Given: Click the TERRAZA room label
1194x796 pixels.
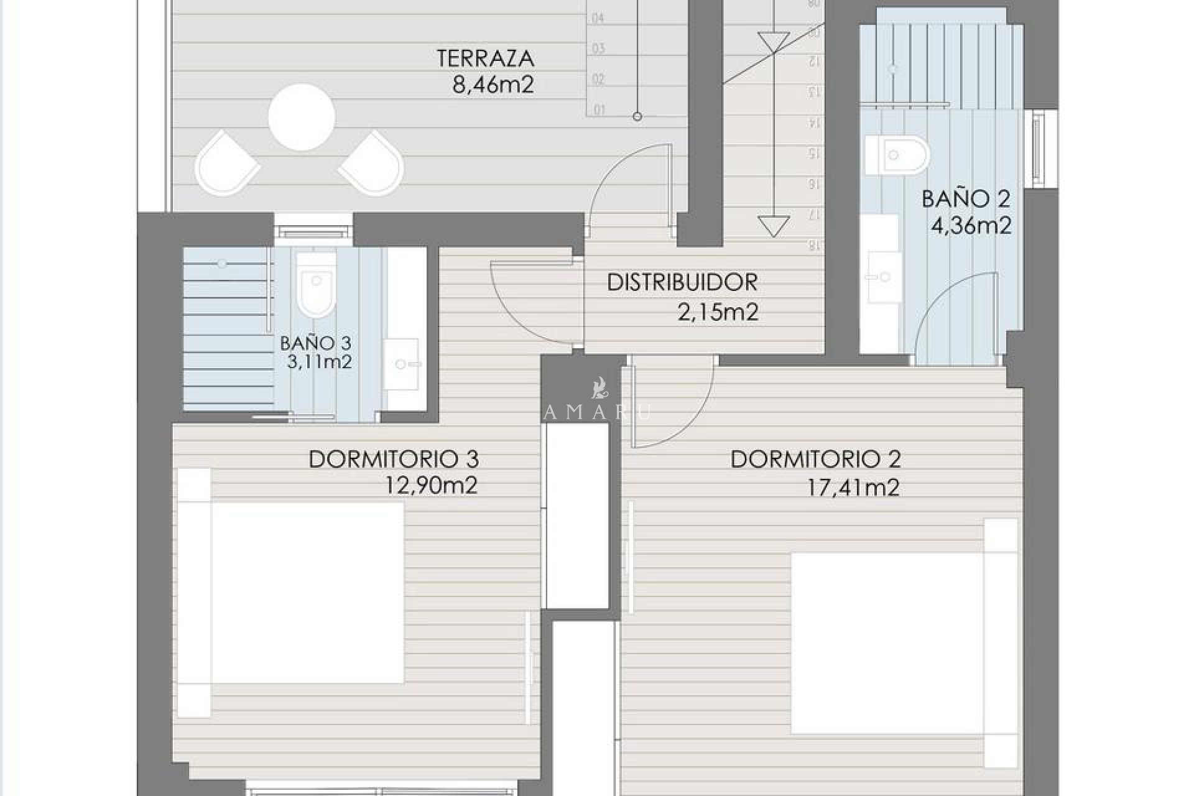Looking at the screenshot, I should [x=485, y=58].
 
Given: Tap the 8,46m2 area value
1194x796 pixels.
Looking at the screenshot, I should [x=493, y=84].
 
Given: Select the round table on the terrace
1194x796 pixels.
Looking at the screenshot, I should [x=302, y=116].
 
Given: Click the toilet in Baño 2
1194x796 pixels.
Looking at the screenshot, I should [x=897, y=154].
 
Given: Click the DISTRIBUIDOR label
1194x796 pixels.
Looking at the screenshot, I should [x=682, y=282].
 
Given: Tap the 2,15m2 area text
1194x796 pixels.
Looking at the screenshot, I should [x=718, y=312].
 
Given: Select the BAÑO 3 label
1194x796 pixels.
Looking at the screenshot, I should [x=315, y=343].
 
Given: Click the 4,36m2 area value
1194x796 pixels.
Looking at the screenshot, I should [x=970, y=225].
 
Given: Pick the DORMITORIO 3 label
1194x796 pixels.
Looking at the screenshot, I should [x=394, y=460].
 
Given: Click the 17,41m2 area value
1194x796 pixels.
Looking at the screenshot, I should [x=853, y=488].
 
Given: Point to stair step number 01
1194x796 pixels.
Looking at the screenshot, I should [x=599, y=111].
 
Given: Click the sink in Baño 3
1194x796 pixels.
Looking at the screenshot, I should [x=402, y=364].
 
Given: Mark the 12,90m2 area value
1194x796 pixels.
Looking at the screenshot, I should [x=431, y=486].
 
